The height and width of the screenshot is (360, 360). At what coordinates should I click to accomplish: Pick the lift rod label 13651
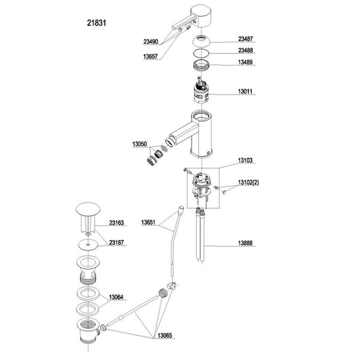tap(150, 223)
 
